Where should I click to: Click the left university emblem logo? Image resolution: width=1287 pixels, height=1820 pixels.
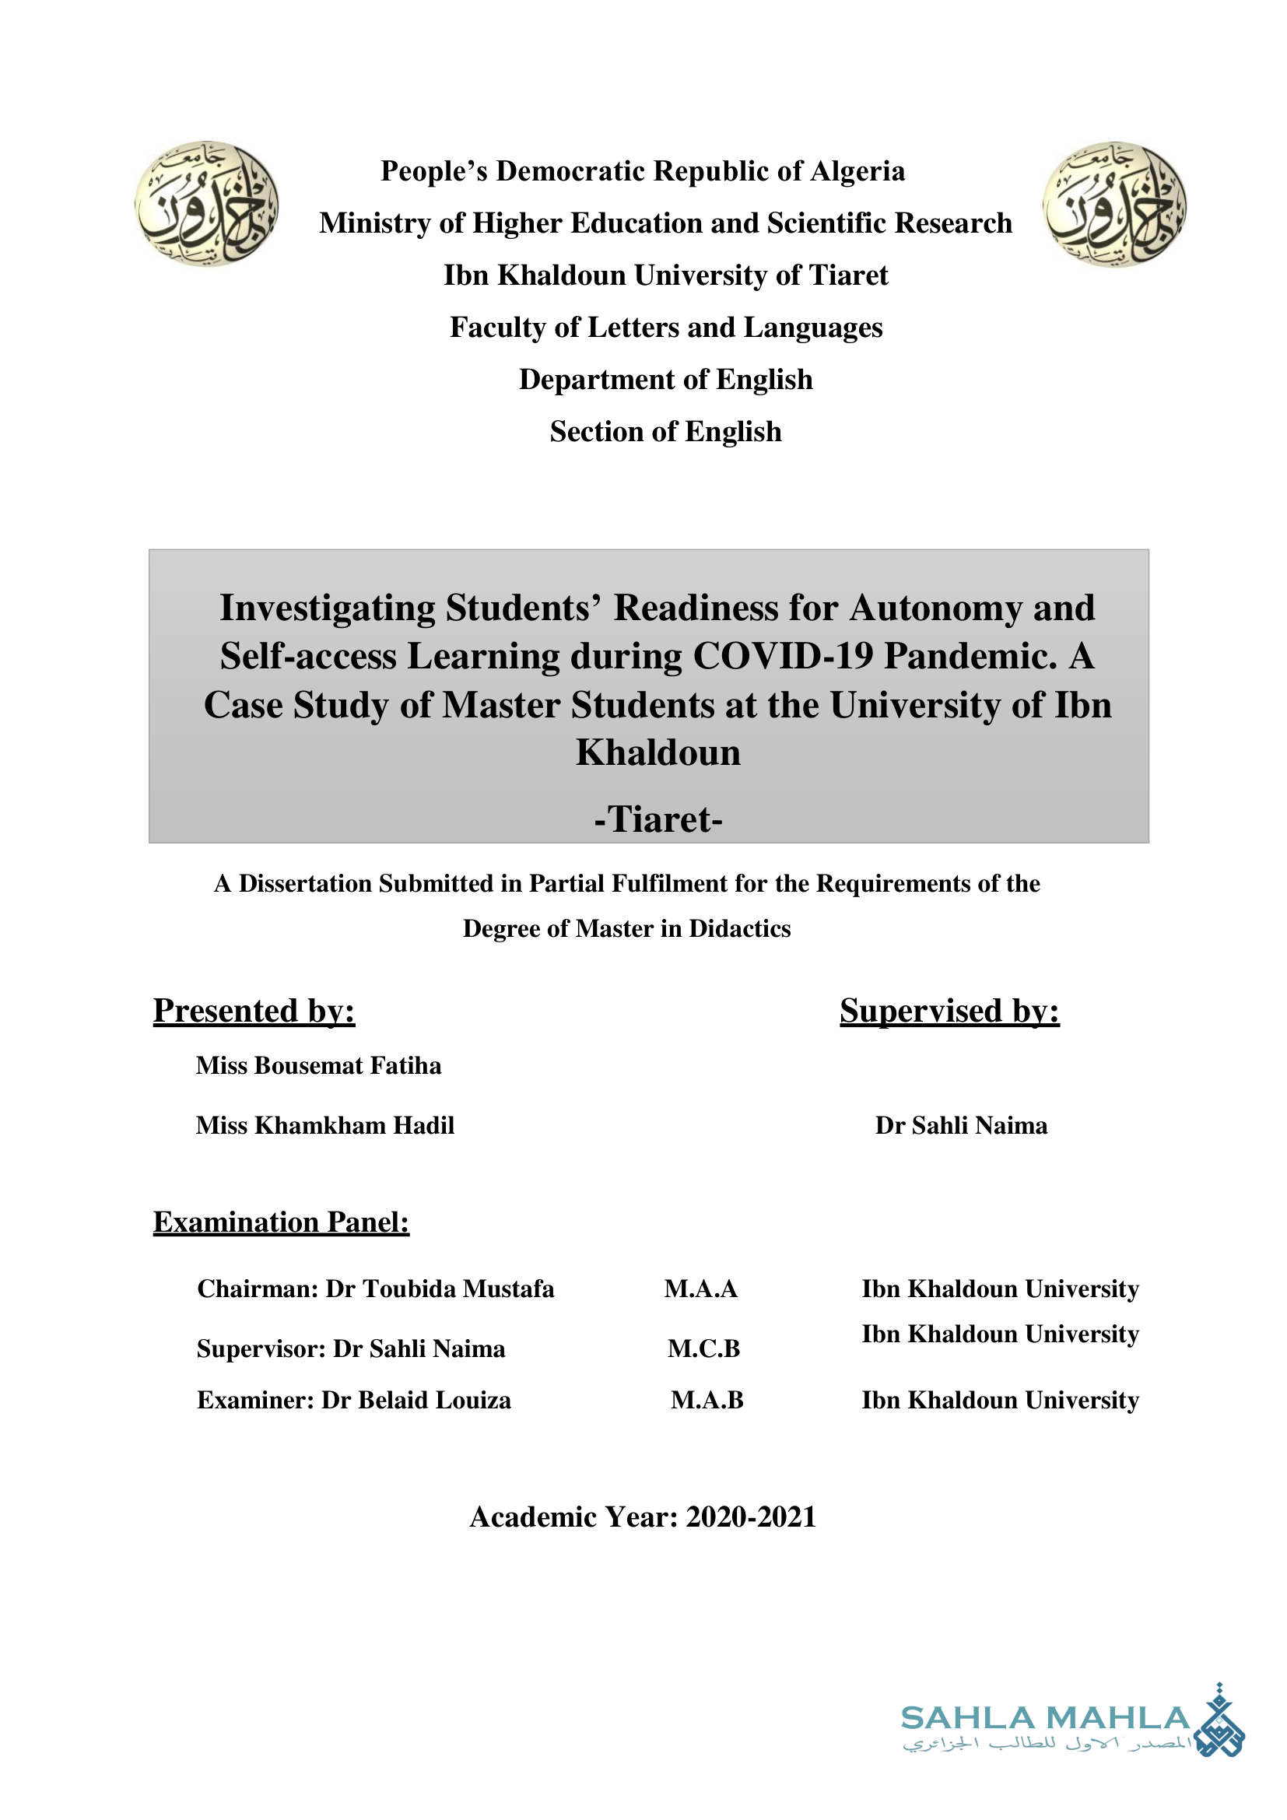coord(207,204)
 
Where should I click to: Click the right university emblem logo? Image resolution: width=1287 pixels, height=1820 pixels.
coord(1114,204)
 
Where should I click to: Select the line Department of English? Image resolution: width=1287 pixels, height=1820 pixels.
coord(666,380)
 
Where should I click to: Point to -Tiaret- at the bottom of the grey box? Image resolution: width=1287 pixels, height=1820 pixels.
coord(658,819)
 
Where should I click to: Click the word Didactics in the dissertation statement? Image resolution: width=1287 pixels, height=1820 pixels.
coord(739,928)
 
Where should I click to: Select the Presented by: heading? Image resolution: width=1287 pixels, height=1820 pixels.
coord(254,1011)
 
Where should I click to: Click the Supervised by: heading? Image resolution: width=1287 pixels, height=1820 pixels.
coord(949,1011)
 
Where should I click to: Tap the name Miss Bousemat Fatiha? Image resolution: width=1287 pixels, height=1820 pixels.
coord(318,1065)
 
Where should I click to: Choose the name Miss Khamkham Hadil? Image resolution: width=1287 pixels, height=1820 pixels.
coord(325,1126)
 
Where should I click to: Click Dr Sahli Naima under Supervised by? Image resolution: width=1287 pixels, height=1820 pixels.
coord(960,1126)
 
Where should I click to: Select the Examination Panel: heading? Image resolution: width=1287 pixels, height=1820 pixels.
coord(281,1222)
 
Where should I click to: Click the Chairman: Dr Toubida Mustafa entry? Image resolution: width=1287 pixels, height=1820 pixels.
coord(376,1289)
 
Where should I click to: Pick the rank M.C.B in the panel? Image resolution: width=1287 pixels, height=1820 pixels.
coord(703,1348)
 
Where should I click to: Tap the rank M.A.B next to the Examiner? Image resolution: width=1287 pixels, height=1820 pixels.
coord(707,1401)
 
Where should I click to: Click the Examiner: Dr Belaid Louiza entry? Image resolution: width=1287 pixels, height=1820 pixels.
coord(354,1401)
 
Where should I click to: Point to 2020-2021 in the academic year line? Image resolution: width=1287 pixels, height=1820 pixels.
coord(750,1517)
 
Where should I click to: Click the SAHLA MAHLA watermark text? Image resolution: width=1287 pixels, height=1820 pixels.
coord(1044,1719)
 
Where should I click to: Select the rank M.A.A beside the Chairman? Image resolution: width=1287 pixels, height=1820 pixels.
coord(700,1289)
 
